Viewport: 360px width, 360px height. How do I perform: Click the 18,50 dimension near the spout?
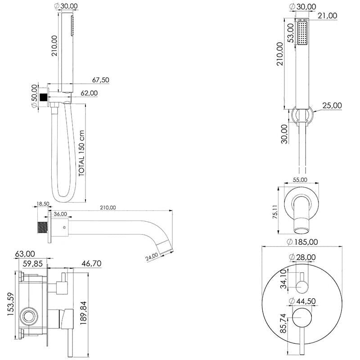43,204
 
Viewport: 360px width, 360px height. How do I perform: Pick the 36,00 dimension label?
60,214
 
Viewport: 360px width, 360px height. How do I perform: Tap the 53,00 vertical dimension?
291,32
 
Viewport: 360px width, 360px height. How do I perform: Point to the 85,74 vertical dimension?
283,321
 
